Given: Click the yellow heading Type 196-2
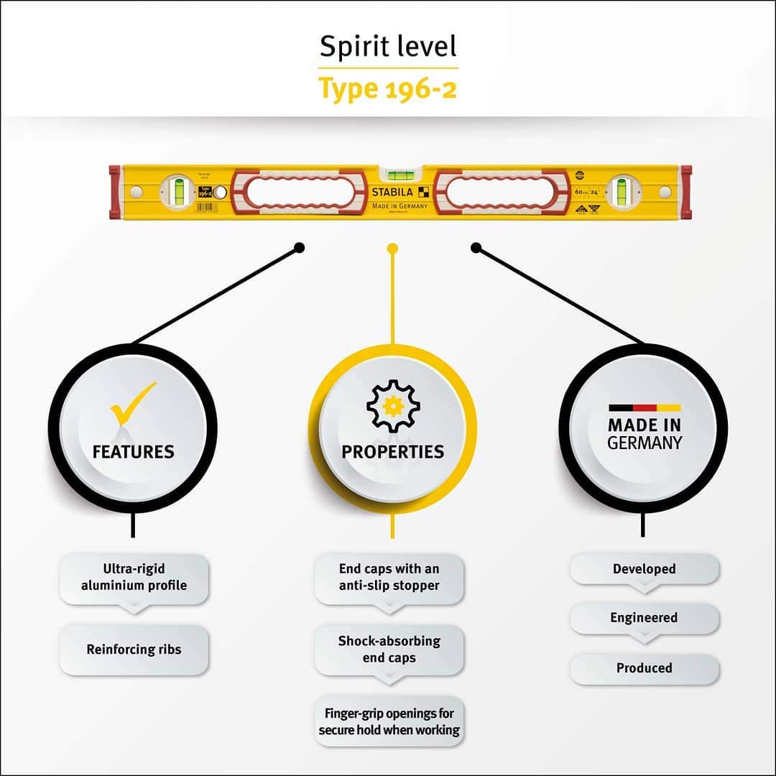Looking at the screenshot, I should tap(388, 88).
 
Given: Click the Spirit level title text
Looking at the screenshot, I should tap(388, 47).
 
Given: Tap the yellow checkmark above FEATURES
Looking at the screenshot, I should tap(133, 403).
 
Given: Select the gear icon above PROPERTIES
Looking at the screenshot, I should tap(393, 406).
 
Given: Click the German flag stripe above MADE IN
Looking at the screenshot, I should tap(644, 407).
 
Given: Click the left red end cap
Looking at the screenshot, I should tap(114, 192).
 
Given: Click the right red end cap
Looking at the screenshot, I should tap(686, 192).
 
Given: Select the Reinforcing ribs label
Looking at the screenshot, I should tap(134, 650).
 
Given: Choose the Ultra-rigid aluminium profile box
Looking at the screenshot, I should tap(134, 577).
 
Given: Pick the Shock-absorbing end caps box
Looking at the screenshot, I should tap(389, 649).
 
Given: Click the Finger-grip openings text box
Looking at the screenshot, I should tap(389, 721).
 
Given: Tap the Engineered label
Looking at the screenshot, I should tap(644, 618).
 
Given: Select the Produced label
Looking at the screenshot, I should tap(644, 668).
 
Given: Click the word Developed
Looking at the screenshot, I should tap(644, 568).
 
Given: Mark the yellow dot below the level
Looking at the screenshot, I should tap(392, 249).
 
